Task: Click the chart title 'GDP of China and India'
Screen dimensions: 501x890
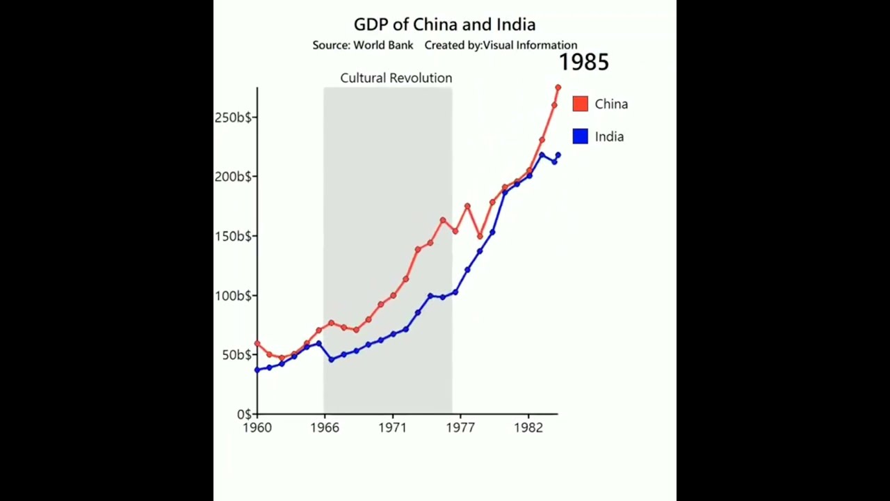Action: point(444,25)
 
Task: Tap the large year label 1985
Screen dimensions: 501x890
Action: point(583,63)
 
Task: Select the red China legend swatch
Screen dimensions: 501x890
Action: point(580,104)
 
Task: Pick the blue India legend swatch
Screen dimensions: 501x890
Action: point(580,136)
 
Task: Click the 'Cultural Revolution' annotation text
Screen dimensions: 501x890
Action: point(396,78)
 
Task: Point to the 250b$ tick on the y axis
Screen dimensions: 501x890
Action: point(234,118)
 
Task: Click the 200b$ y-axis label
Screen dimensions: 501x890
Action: point(234,177)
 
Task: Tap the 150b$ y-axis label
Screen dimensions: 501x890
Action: point(234,236)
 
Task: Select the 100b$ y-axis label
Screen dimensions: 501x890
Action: point(234,296)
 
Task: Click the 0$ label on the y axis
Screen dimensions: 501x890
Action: point(243,415)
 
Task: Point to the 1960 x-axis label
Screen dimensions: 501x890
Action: point(257,428)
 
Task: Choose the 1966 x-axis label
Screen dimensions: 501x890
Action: point(325,428)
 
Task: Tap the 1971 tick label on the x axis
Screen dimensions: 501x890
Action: point(392,428)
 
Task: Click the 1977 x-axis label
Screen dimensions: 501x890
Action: point(460,428)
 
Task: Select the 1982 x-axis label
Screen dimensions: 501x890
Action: point(528,428)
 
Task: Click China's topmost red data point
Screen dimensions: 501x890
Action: point(558,88)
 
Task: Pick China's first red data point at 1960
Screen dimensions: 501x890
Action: point(257,344)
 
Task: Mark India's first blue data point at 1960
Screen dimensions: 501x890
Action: point(257,369)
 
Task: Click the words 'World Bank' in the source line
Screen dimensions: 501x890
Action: point(383,45)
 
